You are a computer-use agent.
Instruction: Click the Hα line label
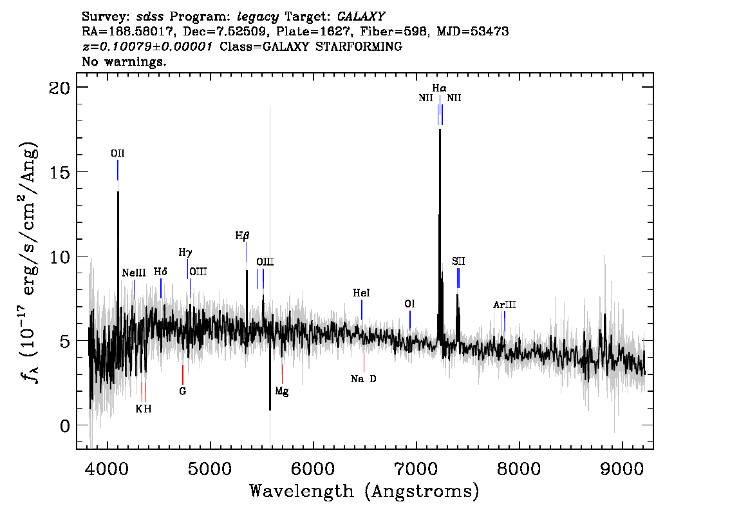[439, 88]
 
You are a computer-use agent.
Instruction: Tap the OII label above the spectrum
[118, 153]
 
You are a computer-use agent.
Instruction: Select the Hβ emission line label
[242, 236]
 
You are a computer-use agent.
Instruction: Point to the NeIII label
[134, 273]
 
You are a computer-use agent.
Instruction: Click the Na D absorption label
[364, 379]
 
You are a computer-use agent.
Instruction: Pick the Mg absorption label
[282, 391]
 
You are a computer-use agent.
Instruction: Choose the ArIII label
[505, 305]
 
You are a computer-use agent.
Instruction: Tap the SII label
[458, 262]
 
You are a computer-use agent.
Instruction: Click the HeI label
[361, 293]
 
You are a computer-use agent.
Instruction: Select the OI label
[409, 304]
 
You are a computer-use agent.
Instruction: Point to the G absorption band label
[183, 391]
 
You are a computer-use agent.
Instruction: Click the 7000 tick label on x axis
[416, 469]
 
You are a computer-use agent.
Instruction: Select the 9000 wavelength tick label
[621, 469]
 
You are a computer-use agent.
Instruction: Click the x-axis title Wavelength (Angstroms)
[364, 491]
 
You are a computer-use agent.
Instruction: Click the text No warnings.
[124, 61]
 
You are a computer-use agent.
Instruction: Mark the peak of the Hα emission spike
[440, 130]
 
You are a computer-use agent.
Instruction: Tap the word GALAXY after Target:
[360, 17]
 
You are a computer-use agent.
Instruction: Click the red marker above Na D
[364, 362]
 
